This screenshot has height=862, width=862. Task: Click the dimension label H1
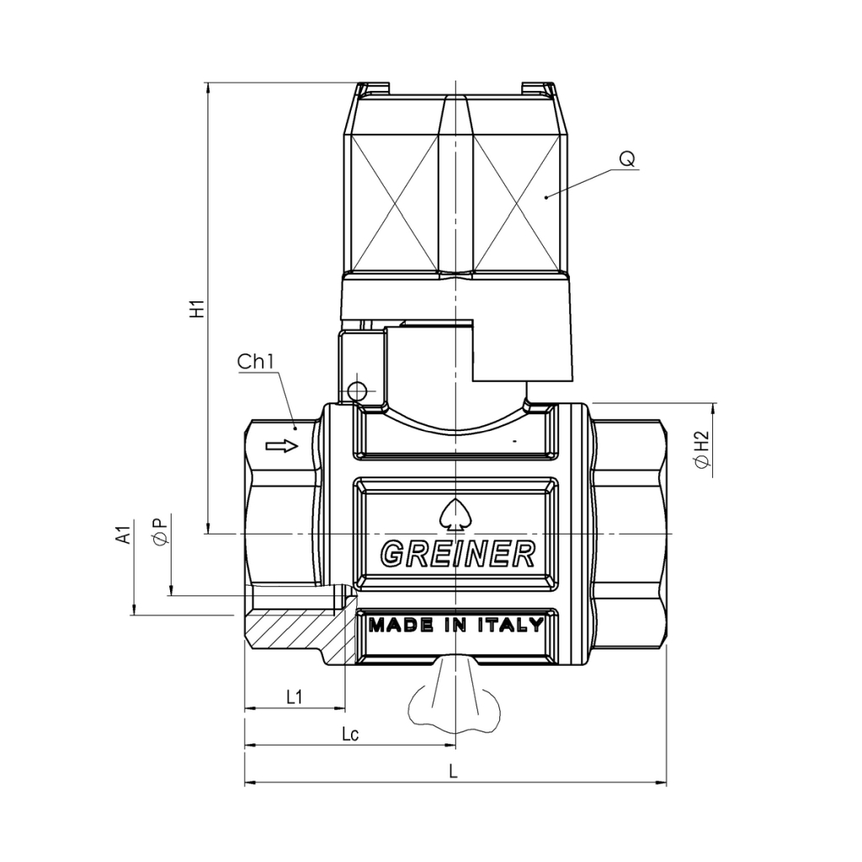[x=197, y=309]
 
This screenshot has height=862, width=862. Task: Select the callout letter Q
[x=626, y=159]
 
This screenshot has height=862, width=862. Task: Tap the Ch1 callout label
[x=256, y=362]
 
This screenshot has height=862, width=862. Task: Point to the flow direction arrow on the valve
[x=282, y=445]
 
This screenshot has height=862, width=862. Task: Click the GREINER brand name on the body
[x=458, y=554]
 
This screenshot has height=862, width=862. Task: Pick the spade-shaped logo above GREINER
[x=456, y=514]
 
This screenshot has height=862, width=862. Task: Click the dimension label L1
[x=295, y=697]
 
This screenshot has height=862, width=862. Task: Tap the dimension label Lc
[x=350, y=734]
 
